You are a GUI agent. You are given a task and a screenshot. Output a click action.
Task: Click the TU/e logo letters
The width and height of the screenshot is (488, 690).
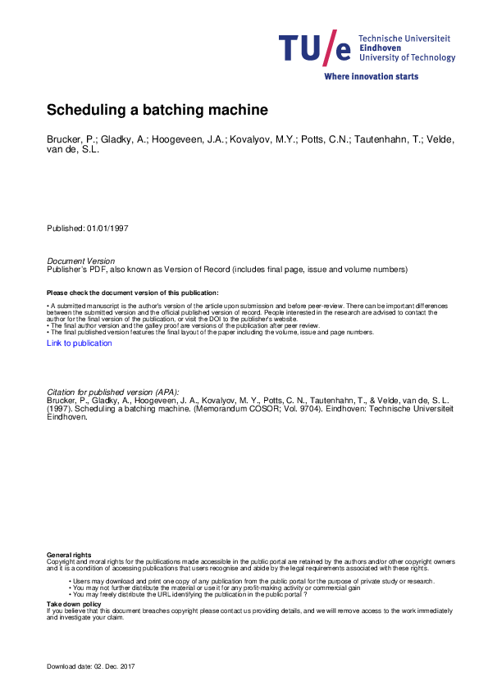point(315,48)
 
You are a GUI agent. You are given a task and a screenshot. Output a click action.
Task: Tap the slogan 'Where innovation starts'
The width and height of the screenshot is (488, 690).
point(371,76)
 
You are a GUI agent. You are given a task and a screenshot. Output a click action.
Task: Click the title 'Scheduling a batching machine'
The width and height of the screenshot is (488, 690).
point(157,109)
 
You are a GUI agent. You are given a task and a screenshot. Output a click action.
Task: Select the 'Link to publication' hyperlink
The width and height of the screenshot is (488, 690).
point(80,343)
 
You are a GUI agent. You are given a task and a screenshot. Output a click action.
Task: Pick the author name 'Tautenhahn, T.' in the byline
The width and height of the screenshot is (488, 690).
point(385,140)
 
